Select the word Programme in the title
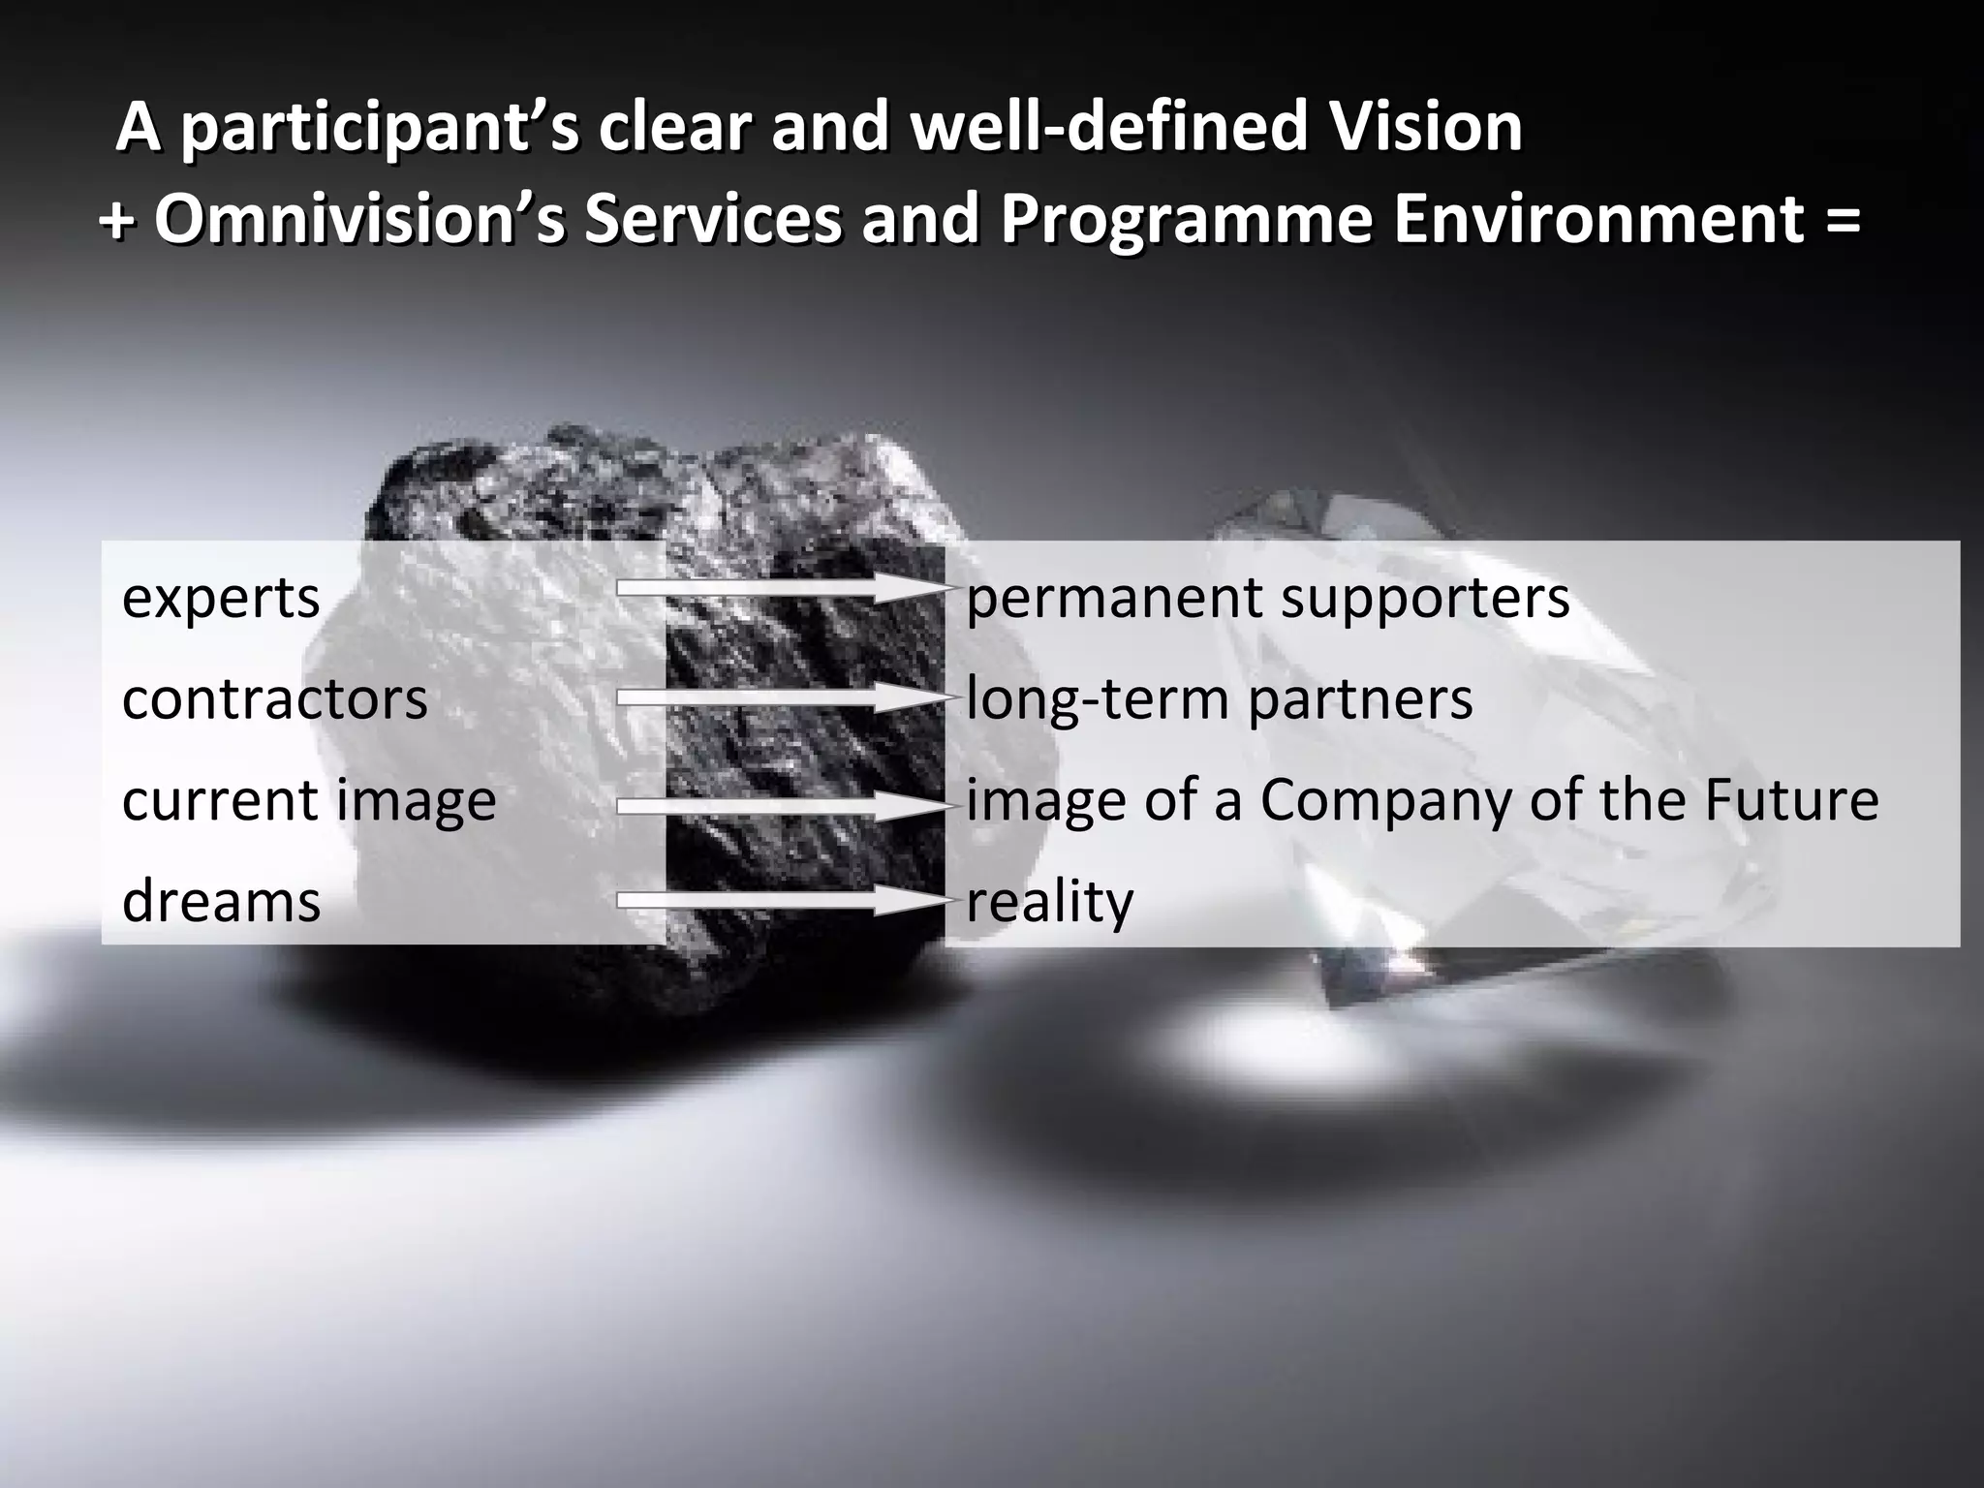[x=1186, y=220]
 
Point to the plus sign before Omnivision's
[x=117, y=220]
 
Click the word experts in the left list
[x=221, y=598]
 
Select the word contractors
[x=274, y=698]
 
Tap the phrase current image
[x=309, y=800]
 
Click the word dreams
[x=221, y=901]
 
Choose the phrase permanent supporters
[x=1267, y=598]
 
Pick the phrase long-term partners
[x=1219, y=698]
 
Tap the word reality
[x=1049, y=901]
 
